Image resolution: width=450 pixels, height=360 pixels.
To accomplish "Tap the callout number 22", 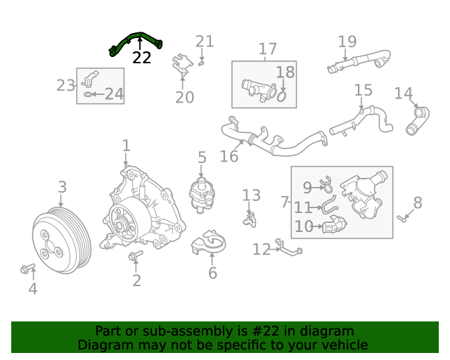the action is pyautogui.click(x=141, y=58).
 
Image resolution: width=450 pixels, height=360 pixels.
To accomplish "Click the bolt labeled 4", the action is pyautogui.click(x=27, y=269).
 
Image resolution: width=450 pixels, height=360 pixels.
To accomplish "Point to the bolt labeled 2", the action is pyautogui.click(x=136, y=255).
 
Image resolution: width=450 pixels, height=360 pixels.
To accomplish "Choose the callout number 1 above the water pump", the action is pyautogui.click(x=127, y=146).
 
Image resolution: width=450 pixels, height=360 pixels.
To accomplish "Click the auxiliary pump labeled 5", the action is pyautogui.click(x=202, y=195).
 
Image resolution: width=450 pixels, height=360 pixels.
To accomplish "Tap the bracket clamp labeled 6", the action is pyautogui.click(x=209, y=243).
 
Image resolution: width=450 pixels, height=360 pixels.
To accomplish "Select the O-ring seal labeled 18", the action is pyautogui.click(x=282, y=96).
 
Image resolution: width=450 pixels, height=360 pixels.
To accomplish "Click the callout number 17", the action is pyautogui.click(x=267, y=49).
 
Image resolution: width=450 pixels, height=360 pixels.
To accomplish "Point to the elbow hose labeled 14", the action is pyautogui.click(x=418, y=120).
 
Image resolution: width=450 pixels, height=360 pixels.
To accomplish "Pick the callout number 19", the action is pyautogui.click(x=347, y=41).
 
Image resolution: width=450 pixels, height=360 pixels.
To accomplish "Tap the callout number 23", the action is pyautogui.click(x=65, y=85).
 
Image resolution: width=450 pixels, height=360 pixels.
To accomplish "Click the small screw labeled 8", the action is pyautogui.click(x=401, y=219).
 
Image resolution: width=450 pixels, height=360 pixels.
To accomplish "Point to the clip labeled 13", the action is pyautogui.click(x=250, y=220).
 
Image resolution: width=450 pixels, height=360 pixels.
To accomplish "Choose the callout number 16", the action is pyautogui.click(x=229, y=157).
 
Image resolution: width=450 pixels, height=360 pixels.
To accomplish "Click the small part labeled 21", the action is pyautogui.click(x=202, y=63).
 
